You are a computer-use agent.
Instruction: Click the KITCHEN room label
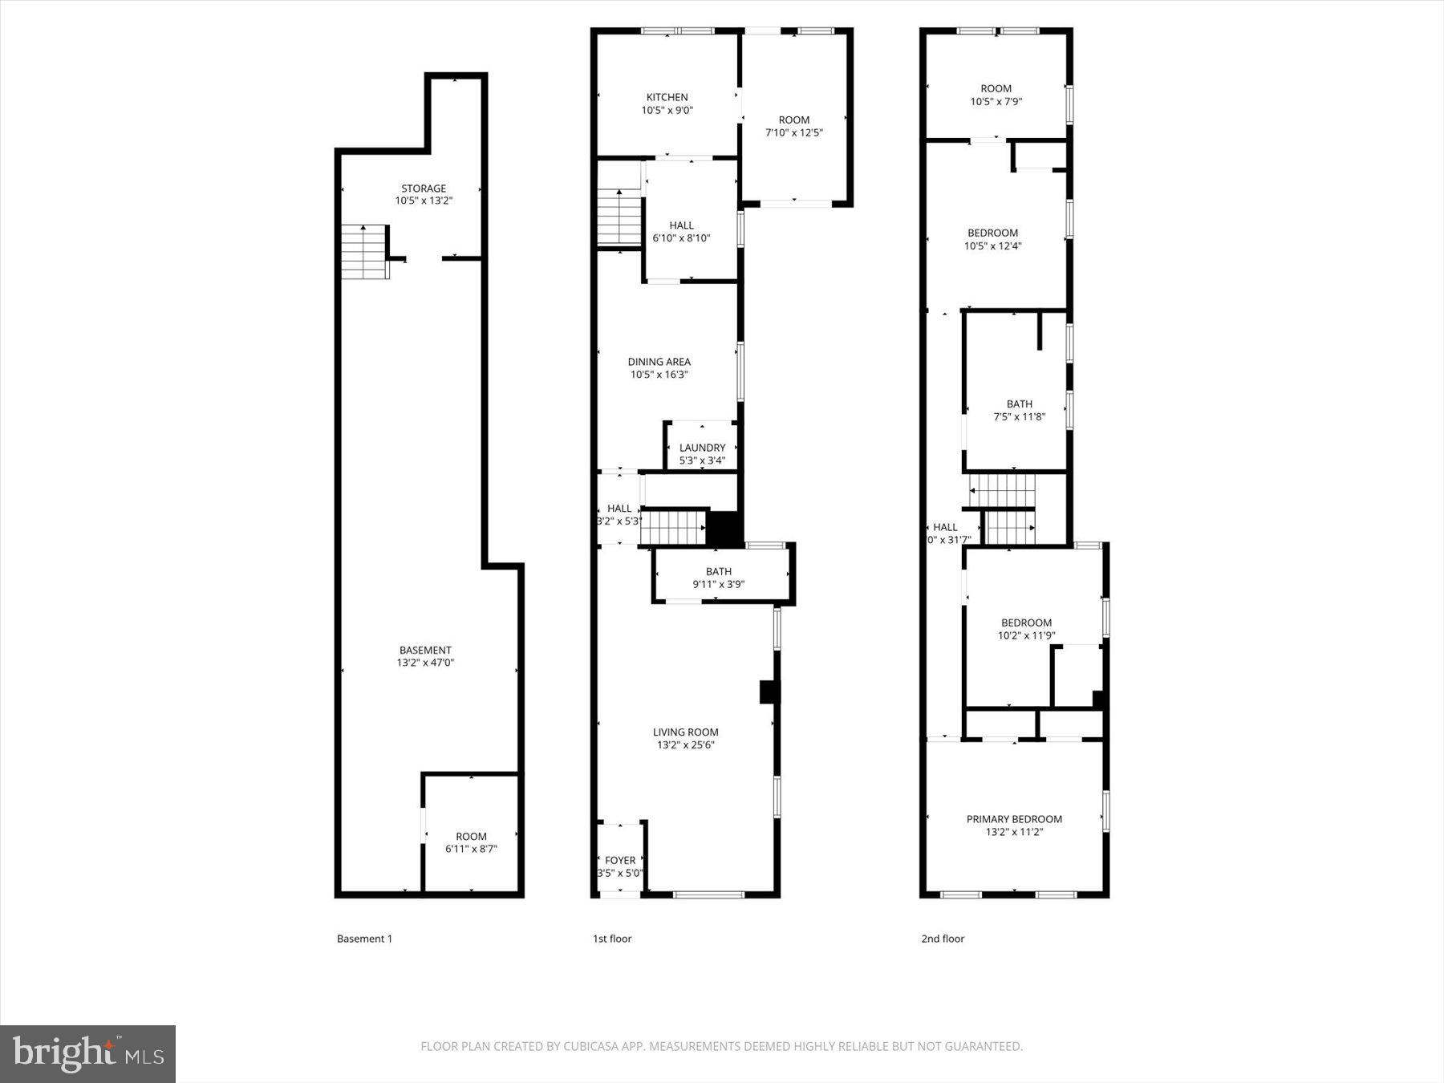click(667, 97)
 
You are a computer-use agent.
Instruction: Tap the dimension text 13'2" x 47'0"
click(425, 663)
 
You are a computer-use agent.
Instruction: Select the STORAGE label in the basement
click(424, 189)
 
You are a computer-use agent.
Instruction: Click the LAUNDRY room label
click(702, 448)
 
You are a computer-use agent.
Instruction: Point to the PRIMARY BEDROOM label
click(1014, 819)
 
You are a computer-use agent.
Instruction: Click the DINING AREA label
click(659, 362)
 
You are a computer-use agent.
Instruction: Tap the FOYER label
click(620, 860)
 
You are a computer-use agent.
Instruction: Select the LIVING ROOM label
click(685, 732)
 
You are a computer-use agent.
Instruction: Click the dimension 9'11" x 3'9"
click(718, 584)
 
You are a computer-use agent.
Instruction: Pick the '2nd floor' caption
click(943, 939)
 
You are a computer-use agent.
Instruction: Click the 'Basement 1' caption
click(364, 939)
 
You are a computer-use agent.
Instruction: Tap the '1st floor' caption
click(612, 939)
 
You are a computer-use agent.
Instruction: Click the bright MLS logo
click(87, 1053)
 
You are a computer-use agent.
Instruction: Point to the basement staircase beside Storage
click(365, 252)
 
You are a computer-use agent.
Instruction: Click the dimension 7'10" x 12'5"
click(793, 132)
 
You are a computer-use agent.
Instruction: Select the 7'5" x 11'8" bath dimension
click(1019, 416)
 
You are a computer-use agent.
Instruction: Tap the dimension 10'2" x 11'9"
click(1026, 635)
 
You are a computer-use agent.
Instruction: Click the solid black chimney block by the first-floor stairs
click(724, 529)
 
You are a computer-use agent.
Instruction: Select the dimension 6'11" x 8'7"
click(471, 849)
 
